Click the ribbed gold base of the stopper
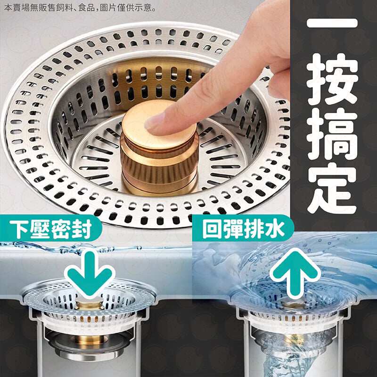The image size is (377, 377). pos(159,166)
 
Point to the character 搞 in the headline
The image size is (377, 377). pos(333,135)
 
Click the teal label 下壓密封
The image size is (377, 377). pos(51,229)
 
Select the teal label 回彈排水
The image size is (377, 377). pos(243,228)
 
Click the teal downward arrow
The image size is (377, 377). pos(90,274)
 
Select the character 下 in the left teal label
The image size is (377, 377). pos(19,229)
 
